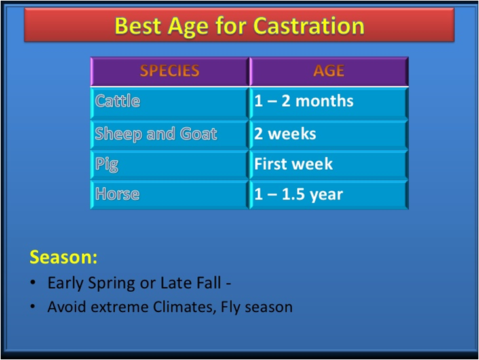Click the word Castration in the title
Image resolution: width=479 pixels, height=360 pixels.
click(x=309, y=26)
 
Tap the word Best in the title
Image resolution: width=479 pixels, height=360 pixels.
click(x=138, y=26)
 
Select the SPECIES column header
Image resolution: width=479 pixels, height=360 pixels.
click(x=170, y=71)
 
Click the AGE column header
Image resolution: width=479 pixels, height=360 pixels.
click(x=329, y=71)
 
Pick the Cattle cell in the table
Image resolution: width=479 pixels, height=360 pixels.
click(x=170, y=103)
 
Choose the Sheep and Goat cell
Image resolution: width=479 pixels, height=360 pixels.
click(x=170, y=134)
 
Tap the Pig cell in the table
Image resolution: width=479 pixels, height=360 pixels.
click(x=170, y=165)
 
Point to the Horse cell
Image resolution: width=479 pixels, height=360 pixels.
click(x=170, y=195)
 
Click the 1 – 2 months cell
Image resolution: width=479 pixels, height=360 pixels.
click(x=329, y=103)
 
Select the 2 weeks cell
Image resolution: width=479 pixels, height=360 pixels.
click(x=329, y=134)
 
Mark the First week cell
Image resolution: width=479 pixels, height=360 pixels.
click(x=329, y=165)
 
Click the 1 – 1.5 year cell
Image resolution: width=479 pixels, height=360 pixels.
click(x=329, y=195)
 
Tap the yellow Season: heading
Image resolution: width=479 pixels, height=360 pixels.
click(x=64, y=257)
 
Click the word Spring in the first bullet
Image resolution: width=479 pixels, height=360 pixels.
click(x=111, y=283)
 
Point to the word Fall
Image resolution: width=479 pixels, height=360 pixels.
click(x=208, y=283)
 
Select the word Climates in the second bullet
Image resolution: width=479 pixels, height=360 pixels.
click(x=185, y=307)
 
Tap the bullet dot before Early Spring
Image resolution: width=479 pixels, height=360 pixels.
click(x=33, y=282)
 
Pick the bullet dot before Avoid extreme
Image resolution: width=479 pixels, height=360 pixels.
click(x=33, y=306)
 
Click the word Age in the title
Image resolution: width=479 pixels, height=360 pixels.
click(x=188, y=27)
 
